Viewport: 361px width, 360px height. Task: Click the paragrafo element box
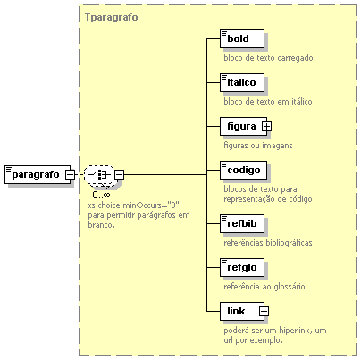38,174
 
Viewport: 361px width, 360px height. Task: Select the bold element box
242,38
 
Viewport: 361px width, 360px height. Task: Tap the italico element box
242,82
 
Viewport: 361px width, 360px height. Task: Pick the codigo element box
243,170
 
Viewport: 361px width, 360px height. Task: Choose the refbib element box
242,223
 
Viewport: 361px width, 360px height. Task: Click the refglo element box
242,267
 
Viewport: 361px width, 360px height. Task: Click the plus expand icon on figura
266,127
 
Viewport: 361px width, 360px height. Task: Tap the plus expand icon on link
264,312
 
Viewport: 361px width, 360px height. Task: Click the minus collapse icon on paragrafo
71,174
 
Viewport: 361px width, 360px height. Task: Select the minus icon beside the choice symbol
119,174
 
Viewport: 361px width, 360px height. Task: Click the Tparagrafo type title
112,17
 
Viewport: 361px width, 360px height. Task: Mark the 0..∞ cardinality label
101,195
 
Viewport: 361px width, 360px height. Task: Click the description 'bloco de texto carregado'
268,58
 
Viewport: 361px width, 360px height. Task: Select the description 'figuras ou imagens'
258,146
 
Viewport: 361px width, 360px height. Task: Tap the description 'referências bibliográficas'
268,243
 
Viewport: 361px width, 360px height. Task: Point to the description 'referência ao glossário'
264,287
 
